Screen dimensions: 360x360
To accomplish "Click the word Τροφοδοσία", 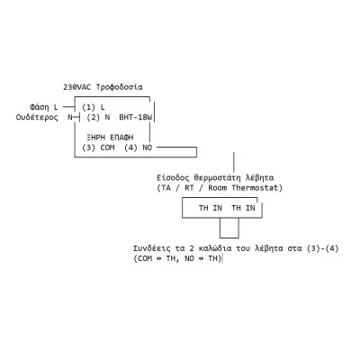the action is [119, 87].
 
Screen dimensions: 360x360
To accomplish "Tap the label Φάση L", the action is [44, 107].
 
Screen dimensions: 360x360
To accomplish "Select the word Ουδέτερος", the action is [37, 117].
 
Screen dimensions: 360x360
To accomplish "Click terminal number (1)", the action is [88, 107].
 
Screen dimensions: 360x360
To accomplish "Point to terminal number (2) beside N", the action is [93, 117].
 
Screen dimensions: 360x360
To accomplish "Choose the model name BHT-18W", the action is [136, 117].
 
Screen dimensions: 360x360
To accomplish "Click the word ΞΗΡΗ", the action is [95, 138].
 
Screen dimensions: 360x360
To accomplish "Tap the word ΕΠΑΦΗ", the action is [121, 138].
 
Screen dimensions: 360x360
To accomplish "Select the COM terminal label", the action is [107, 148].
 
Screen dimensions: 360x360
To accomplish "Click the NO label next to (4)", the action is [148, 148].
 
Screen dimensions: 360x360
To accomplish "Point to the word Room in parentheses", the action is [218, 188].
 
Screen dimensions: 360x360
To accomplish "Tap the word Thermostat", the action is [256, 188].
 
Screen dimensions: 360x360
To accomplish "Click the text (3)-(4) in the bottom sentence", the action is [322, 248].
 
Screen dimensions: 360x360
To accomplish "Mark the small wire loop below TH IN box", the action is [229, 238].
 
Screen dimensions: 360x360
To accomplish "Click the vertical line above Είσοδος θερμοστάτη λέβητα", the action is [234, 162].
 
